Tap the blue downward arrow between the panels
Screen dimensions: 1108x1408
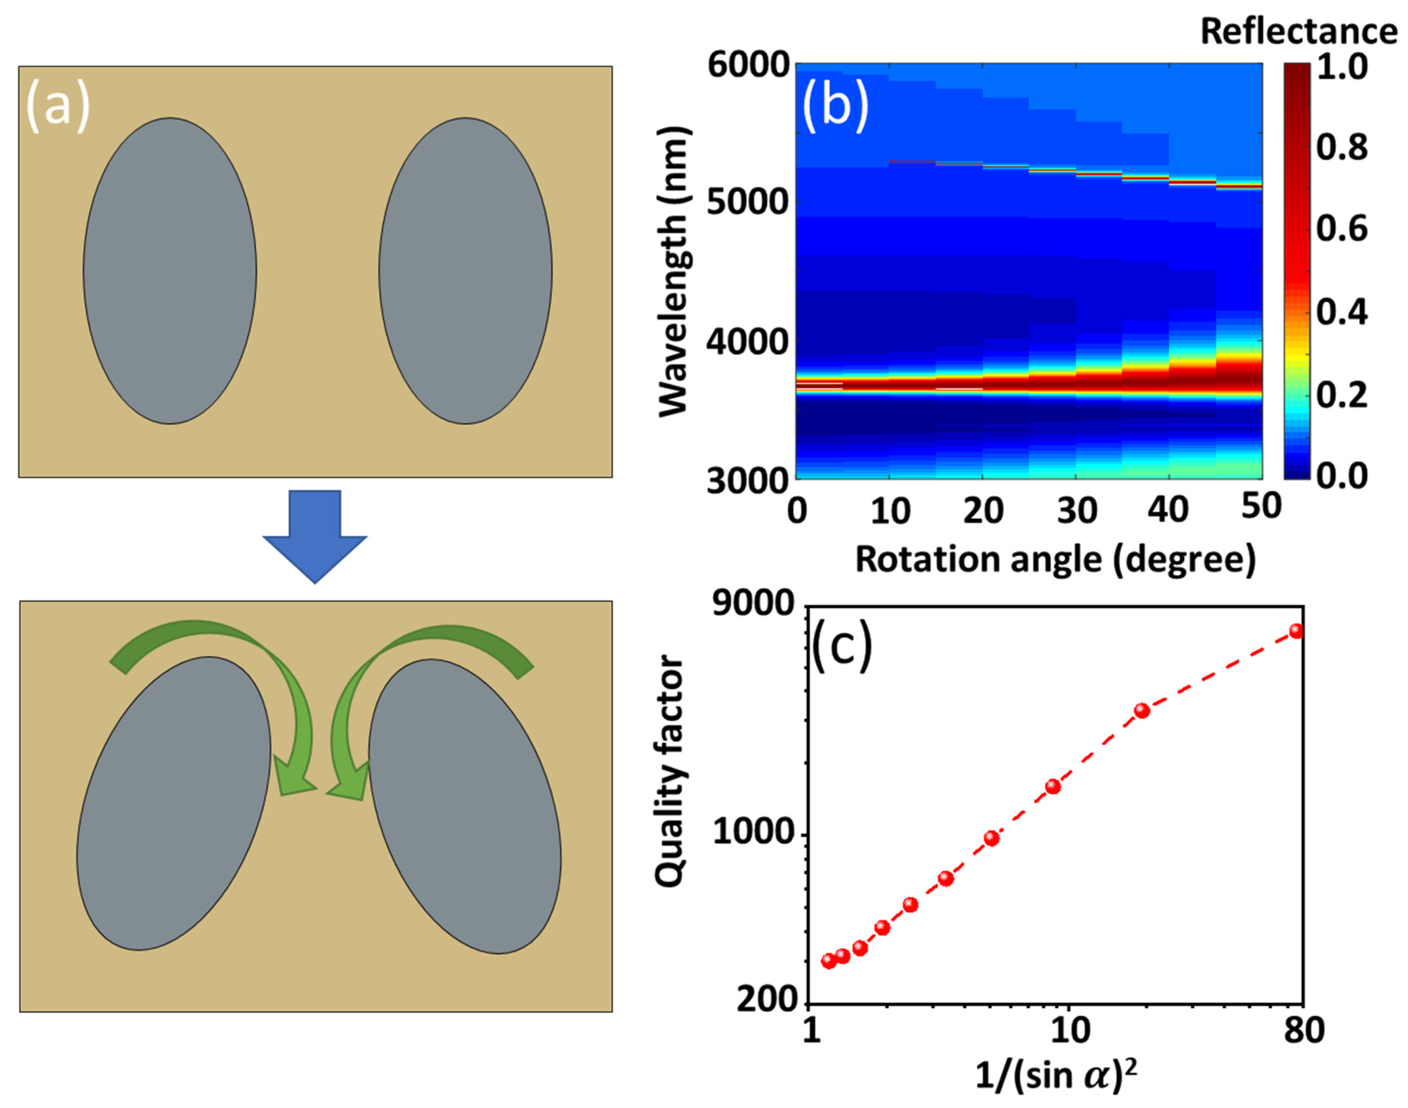pyautogui.click(x=315, y=536)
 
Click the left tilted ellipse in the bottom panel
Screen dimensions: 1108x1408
pyautogui.click(x=173, y=804)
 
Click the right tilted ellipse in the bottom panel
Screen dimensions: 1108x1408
pyautogui.click(x=464, y=806)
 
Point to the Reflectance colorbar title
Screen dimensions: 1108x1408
pyautogui.click(x=1299, y=31)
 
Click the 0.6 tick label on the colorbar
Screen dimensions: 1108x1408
pyautogui.click(x=1341, y=230)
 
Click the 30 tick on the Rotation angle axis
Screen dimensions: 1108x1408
pyautogui.click(x=1077, y=511)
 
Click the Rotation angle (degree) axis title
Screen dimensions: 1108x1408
pyautogui.click(x=1055, y=559)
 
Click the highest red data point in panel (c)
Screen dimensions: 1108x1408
pyautogui.click(x=1296, y=631)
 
